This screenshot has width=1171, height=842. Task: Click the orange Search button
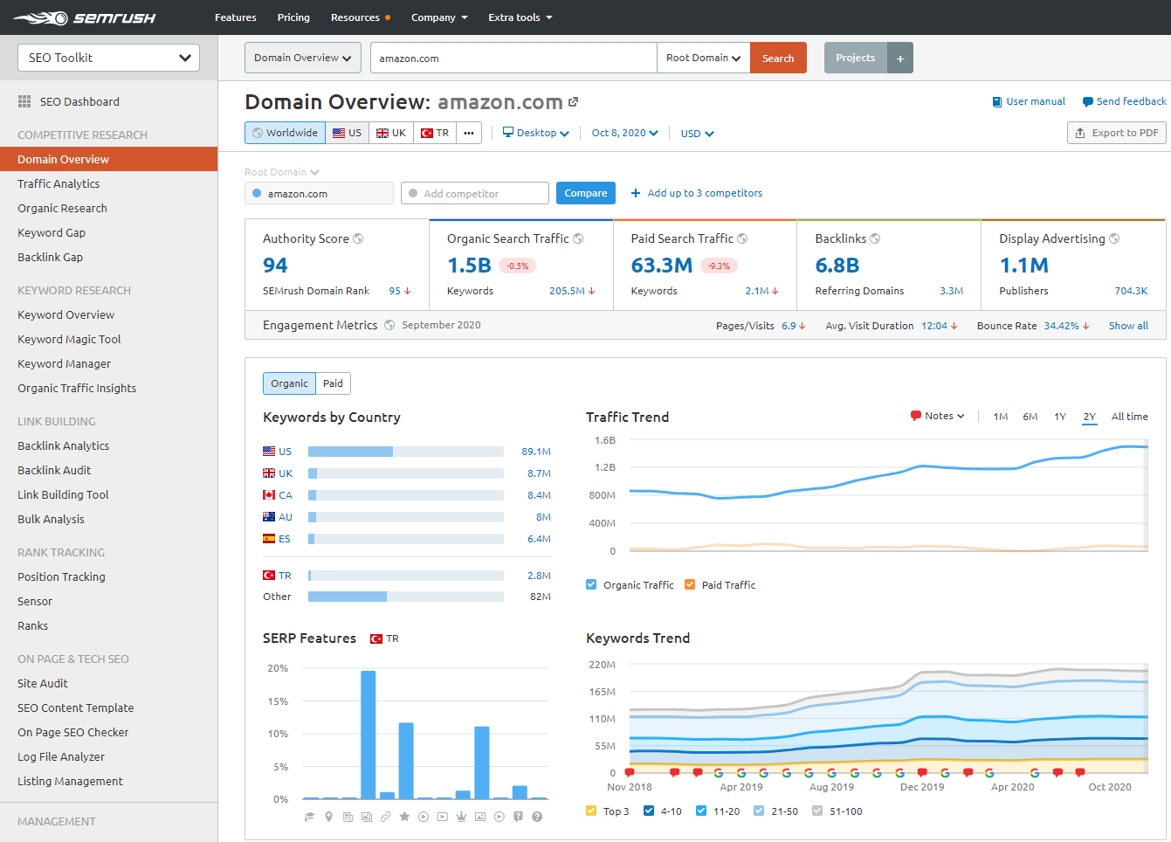pyautogui.click(x=778, y=59)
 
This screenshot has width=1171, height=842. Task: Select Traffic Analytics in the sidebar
pyautogui.click(x=59, y=183)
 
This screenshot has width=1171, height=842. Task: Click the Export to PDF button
pyautogui.click(x=1116, y=133)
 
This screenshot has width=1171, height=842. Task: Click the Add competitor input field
pyautogui.click(x=475, y=193)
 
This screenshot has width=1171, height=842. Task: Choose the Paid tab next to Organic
pyautogui.click(x=333, y=383)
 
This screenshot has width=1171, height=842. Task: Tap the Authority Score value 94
pyautogui.click(x=275, y=266)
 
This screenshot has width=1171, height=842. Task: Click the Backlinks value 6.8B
pyautogui.click(x=837, y=266)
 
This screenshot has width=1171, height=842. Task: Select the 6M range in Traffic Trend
pyautogui.click(x=1030, y=417)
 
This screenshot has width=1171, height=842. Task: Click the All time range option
pyautogui.click(x=1129, y=417)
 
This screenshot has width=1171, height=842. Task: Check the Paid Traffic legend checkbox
pyautogui.click(x=690, y=585)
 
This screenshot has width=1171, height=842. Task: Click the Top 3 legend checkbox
pyautogui.click(x=591, y=811)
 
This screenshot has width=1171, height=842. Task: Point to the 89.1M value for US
pyautogui.click(x=535, y=452)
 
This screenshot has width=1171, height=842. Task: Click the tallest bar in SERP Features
pyautogui.click(x=368, y=734)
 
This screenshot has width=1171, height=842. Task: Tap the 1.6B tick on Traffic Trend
pyautogui.click(x=605, y=440)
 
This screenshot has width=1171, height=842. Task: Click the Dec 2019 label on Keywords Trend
pyautogui.click(x=921, y=787)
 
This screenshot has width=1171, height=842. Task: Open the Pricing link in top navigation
pyautogui.click(x=293, y=17)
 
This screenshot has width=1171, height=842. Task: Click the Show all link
pyautogui.click(x=1128, y=326)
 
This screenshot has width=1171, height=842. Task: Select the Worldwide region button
pyautogui.click(x=285, y=133)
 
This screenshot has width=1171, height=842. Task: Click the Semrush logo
pyautogui.click(x=84, y=17)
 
